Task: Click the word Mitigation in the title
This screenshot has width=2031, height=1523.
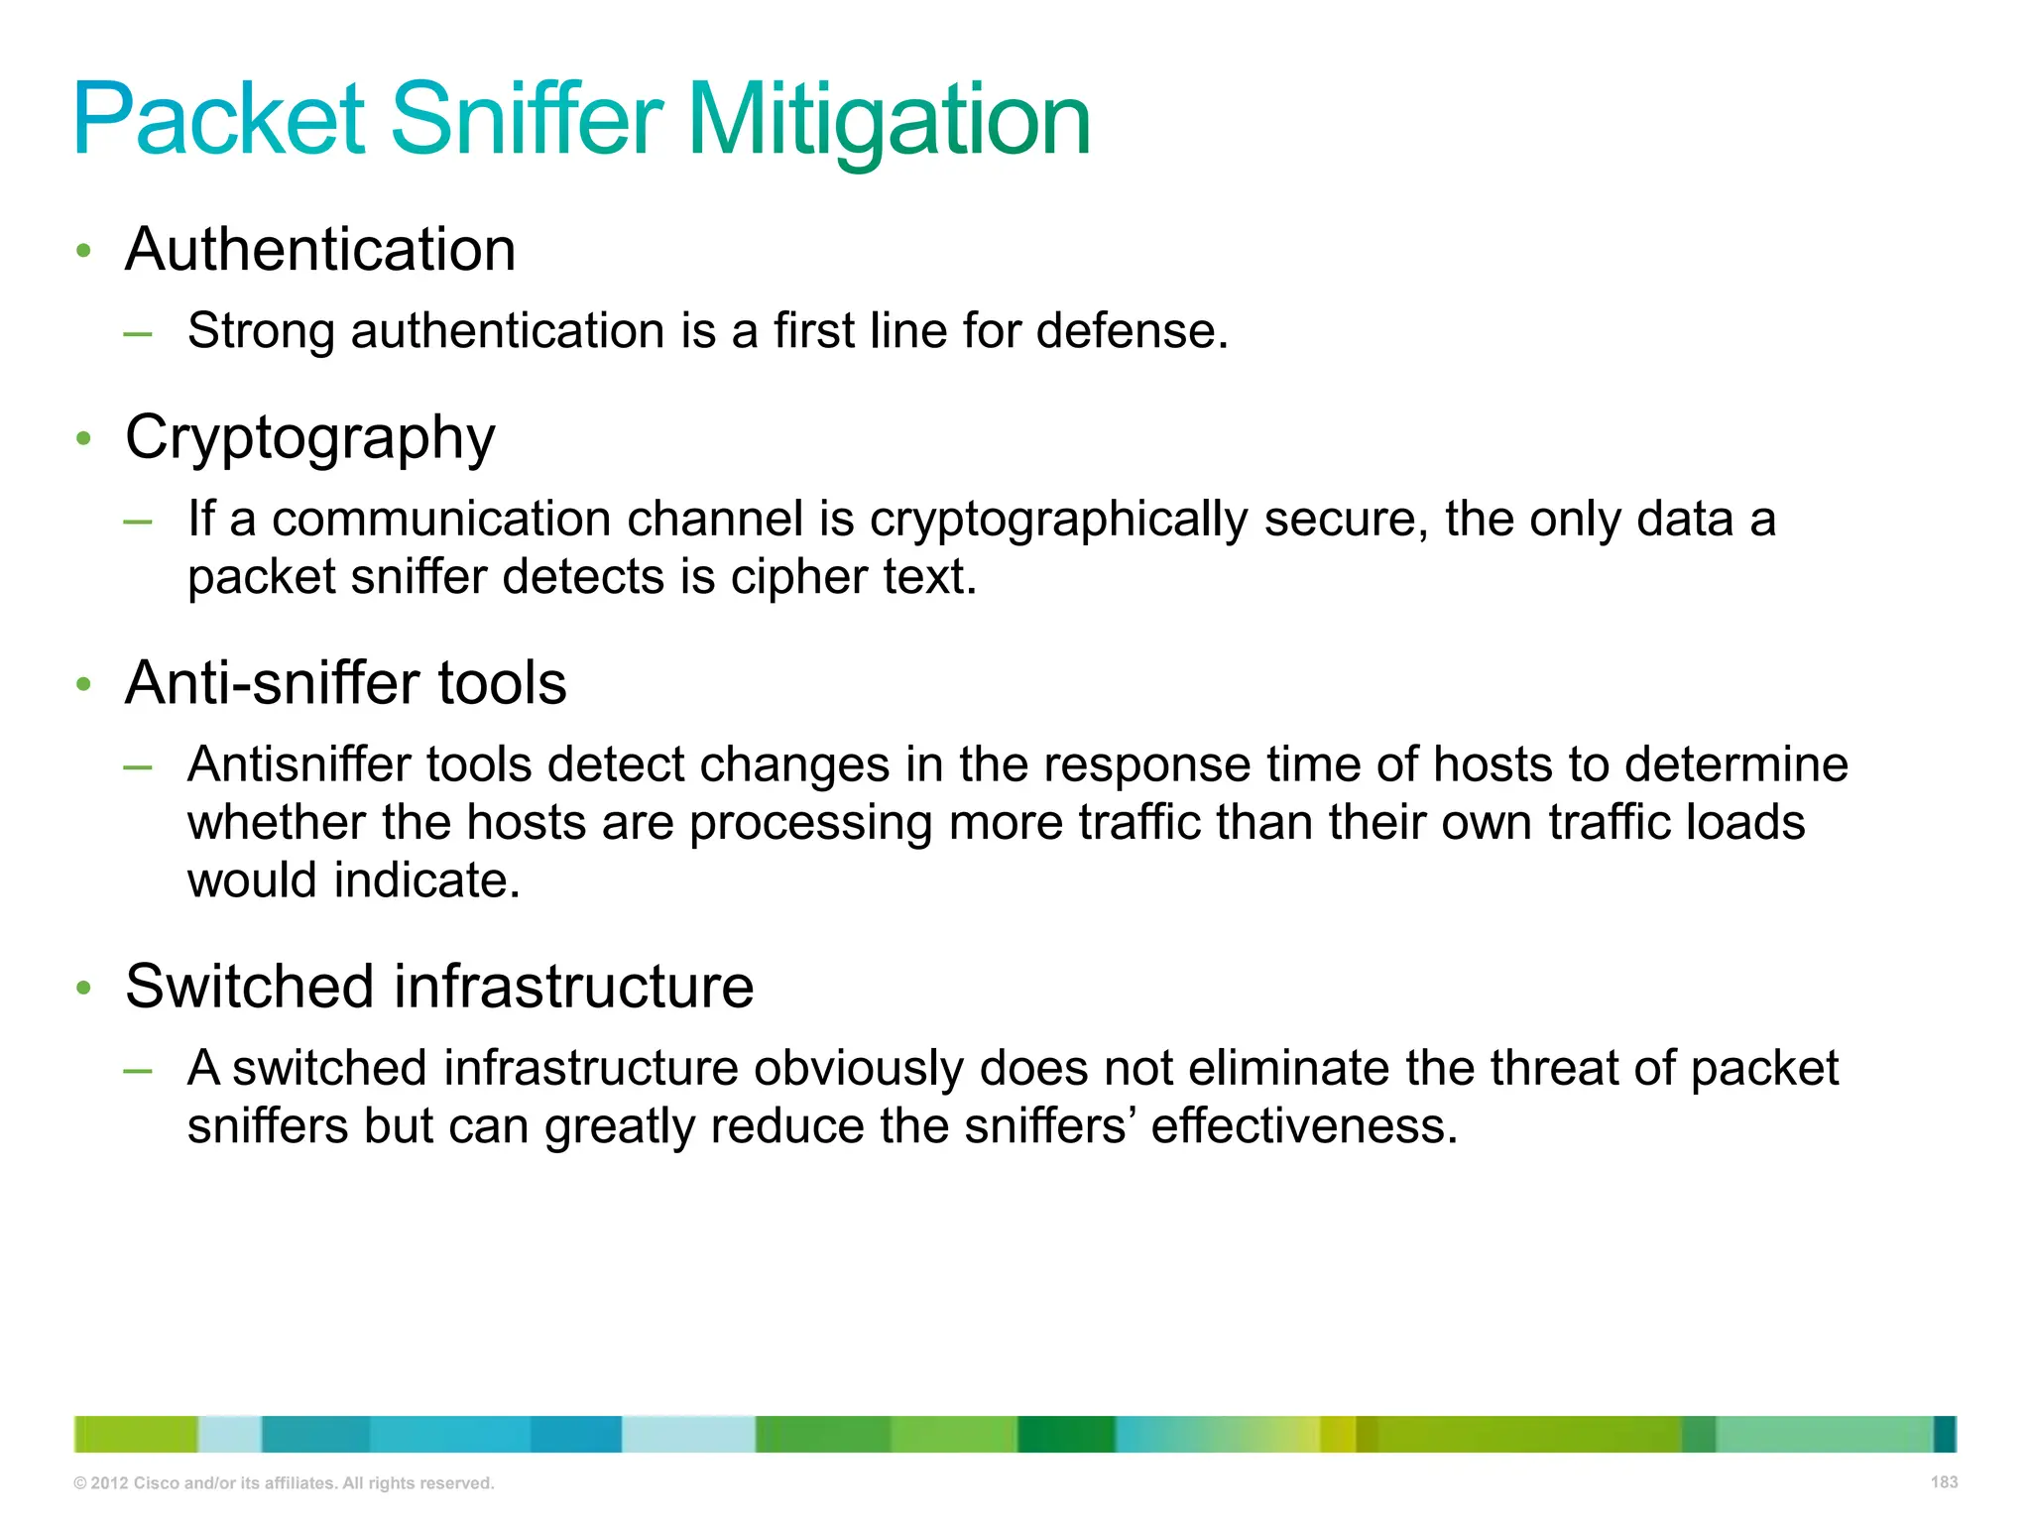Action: point(889,121)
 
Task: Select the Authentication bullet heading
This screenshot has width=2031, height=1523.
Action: point(320,249)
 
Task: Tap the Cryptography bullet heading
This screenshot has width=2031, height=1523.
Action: point(309,437)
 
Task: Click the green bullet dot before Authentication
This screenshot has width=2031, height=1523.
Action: point(84,251)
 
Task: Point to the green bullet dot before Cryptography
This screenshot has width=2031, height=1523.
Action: point(84,438)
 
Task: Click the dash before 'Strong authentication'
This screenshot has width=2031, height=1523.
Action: point(138,334)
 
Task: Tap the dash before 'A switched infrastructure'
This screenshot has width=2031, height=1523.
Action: point(138,1071)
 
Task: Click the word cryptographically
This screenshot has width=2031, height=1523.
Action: point(1058,520)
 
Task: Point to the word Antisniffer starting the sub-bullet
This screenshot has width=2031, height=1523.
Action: point(299,765)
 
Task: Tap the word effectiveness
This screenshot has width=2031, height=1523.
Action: point(1303,1126)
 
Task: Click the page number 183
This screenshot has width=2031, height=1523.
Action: point(1944,1482)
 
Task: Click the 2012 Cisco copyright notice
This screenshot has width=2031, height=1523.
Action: point(284,1483)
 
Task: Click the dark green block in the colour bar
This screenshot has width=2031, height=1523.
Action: point(1065,1435)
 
